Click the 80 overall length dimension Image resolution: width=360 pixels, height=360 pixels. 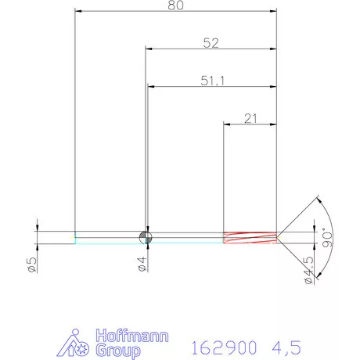(176, 5)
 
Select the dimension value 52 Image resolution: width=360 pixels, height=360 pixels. (210, 44)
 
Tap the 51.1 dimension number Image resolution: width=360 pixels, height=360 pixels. (211, 79)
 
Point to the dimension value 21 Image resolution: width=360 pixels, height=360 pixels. (250, 118)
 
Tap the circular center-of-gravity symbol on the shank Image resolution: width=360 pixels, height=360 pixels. (145, 237)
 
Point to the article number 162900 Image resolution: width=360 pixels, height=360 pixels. (224, 344)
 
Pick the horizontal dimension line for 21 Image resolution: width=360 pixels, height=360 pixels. (250, 124)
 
